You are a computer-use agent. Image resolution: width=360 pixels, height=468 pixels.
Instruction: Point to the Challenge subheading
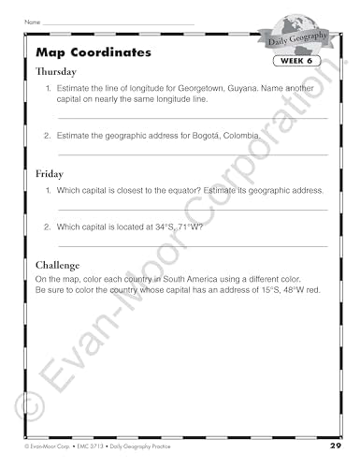59,265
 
